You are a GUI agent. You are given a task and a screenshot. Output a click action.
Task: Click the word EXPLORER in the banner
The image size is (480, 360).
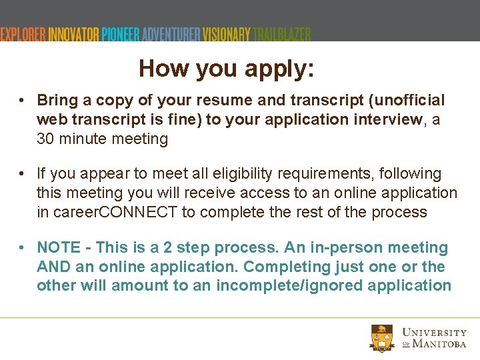coord(23,34)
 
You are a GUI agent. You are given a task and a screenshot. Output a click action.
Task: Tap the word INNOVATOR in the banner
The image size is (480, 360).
coord(73,34)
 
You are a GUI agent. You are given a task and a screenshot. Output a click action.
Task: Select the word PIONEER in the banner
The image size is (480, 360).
coord(121,34)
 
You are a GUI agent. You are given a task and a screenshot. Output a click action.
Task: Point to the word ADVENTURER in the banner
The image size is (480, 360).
coord(171,34)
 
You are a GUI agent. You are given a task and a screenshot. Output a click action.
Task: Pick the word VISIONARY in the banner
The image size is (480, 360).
coord(227,34)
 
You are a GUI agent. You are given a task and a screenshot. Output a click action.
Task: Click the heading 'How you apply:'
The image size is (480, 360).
coord(227,69)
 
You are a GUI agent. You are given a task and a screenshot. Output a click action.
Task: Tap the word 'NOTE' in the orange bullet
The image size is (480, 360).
coord(59,248)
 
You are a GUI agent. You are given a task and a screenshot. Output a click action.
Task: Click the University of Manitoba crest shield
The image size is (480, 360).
coord(383,337)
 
